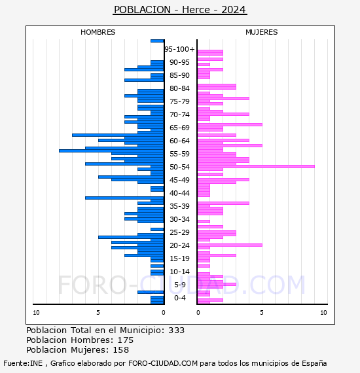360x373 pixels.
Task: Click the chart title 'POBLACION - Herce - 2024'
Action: click(180, 10)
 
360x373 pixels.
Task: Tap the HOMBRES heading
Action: click(98, 32)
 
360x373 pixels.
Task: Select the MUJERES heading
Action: click(262, 32)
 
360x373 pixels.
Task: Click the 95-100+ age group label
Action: click(179, 49)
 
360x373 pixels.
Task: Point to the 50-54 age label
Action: click(179, 167)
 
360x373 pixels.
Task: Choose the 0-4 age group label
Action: click(179, 298)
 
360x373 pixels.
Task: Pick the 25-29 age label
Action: click(179, 232)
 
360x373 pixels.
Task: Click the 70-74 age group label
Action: click(179, 115)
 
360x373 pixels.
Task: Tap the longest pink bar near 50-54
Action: click(256, 166)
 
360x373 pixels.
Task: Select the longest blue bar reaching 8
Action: click(111, 151)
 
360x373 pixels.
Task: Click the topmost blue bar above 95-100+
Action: click(157, 41)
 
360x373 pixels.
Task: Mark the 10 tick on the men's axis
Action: click(36, 313)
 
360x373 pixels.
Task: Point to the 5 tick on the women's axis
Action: click(262, 313)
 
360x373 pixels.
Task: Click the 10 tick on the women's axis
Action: click(323, 313)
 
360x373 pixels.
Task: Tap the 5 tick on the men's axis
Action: click(98, 313)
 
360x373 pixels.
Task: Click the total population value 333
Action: click(176, 330)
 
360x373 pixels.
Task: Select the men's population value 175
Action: click(126, 340)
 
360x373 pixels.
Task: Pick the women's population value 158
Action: click(121, 350)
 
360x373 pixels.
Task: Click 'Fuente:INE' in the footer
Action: click(23, 363)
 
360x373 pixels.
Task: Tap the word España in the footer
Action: click(314, 363)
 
